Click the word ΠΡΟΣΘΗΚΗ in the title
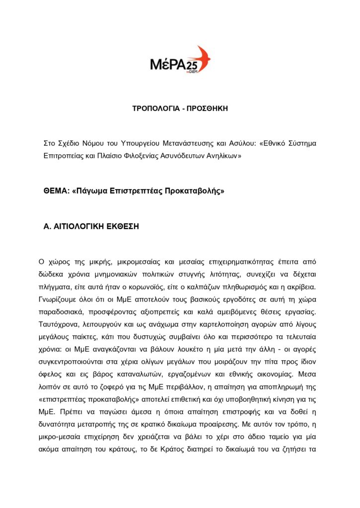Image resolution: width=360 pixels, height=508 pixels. pos(207,108)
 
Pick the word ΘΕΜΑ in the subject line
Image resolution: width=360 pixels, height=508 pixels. pos(57,191)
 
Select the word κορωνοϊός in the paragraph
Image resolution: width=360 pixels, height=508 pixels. pos(173,286)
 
